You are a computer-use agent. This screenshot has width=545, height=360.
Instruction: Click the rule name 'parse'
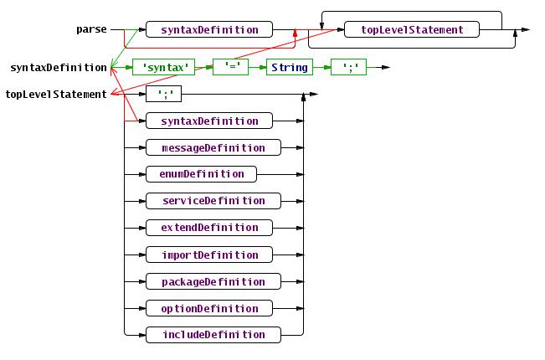point(91,30)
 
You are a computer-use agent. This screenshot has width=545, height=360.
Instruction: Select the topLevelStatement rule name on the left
point(56,95)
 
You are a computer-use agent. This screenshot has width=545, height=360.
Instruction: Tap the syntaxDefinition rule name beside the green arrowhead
point(58,68)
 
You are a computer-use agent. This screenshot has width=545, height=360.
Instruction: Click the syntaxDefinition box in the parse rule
point(209,30)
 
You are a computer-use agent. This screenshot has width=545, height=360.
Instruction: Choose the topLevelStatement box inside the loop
point(411,30)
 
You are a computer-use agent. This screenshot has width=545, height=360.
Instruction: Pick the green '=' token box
point(230,68)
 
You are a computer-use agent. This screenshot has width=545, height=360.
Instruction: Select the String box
point(290,68)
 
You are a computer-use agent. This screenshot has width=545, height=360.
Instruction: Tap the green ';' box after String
point(349,68)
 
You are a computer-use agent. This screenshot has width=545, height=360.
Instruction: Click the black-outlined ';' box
point(163,95)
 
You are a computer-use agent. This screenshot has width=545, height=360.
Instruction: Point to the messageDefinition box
point(213,148)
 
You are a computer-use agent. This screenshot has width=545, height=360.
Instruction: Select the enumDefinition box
point(201,174)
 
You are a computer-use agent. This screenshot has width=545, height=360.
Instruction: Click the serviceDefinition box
point(213,201)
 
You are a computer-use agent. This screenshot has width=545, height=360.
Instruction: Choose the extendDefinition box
point(209,228)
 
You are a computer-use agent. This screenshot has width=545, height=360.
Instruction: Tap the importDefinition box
point(209,255)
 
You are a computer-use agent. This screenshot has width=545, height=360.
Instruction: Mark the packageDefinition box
point(213,281)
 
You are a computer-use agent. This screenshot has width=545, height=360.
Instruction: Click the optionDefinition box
point(209,308)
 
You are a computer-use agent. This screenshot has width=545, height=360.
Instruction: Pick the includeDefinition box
point(213,335)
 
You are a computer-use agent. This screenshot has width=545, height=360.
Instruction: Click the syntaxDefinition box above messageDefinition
point(209,121)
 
